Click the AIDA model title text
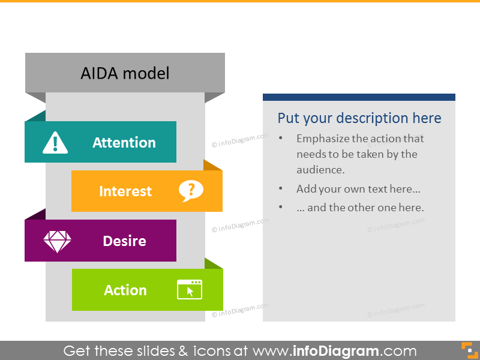coord(125,73)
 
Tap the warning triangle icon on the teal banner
coord(55,142)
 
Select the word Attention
coord(124,143)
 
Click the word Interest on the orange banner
coord(125,191)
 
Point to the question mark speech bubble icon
coord(191,191)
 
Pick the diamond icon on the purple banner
coord(57,241)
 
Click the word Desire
coord(124,241)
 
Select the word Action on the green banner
coord(125,290)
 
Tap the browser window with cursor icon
coord(190,290)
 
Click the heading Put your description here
coord(359,118)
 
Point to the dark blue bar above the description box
coord(359,97)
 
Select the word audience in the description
coord(320,170)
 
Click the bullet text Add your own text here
coord(358,189)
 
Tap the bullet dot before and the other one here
coord(281,208)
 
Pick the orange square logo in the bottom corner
coord(466,350)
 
